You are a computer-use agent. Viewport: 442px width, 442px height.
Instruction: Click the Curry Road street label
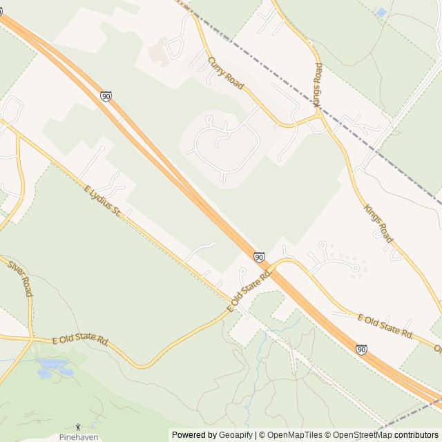click(225, 73)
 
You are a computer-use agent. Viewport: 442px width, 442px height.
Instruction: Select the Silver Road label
click(20, 278)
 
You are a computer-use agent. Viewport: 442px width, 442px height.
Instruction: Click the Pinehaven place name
click(77, 437)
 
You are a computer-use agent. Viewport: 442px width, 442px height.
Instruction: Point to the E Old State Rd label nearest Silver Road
click(81, 340)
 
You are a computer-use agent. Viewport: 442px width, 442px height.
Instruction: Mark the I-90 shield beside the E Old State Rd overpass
click(259, 257)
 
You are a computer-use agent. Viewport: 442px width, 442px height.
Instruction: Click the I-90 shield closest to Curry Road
click(106, 97)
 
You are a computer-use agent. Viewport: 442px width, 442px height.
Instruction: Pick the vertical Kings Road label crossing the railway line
click(318, 84)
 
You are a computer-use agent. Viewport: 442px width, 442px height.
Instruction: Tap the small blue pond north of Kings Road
click(381, 12)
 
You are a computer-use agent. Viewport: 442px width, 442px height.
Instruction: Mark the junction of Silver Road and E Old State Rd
click(32, 338)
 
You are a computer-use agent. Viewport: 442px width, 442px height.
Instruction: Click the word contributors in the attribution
click(417, 435)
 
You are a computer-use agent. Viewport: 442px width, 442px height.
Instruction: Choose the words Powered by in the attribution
click(194, 435)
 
